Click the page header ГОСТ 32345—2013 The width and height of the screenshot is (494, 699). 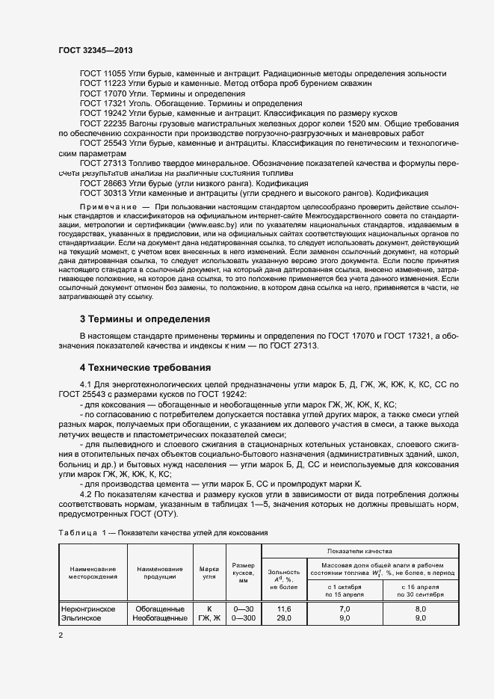click(96, 50)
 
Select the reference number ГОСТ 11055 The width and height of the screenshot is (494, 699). click(103, 75)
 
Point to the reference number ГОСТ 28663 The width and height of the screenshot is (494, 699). click(103, 182)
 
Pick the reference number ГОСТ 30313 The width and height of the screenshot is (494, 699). click(103, 191)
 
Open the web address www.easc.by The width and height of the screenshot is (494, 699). click(212, 224)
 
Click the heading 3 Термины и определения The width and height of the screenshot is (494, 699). click(145, 318)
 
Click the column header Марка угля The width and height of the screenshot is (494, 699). click(210, 573)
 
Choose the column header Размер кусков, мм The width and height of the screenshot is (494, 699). click(244, 573)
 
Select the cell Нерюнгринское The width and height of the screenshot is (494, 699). click(88, 609)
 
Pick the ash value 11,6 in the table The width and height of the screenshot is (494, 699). click(283, 609)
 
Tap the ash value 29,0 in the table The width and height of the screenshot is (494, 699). click(283, 618)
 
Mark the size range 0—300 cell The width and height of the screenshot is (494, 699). click(244, 618)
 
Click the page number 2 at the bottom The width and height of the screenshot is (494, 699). click(61, 635)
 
